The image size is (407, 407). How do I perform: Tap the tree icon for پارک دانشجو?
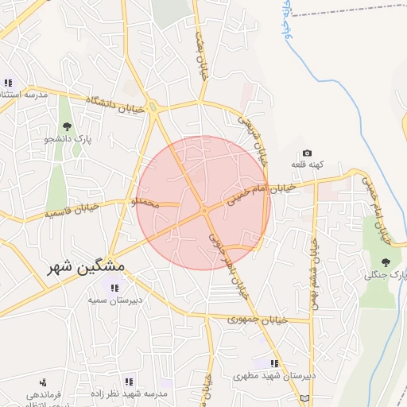point(66,126)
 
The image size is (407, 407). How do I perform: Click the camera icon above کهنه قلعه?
point(307,153)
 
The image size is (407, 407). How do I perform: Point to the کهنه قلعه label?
point(307,165)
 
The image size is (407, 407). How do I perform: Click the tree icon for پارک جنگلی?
point(386,262)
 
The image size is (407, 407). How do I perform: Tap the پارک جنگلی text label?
point(386,275)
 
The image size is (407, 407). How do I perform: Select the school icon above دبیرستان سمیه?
point(114,288)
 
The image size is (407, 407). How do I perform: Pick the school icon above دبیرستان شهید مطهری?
point(275,363)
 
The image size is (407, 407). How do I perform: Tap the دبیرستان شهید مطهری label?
point(278,375)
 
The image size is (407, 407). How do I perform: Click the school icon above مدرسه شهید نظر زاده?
point(129,382)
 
